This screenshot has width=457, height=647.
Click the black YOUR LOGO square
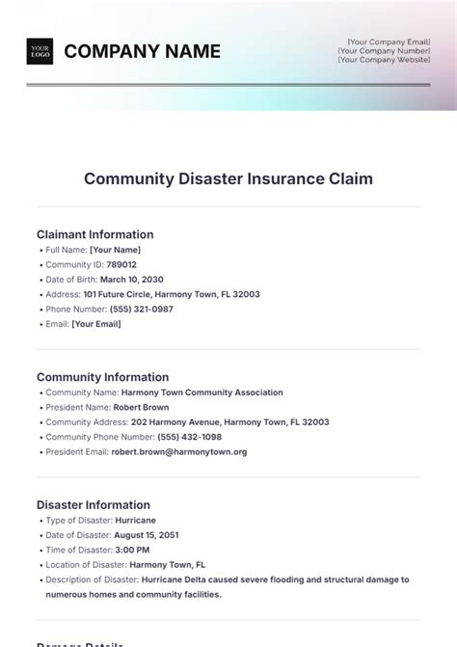point(40,51)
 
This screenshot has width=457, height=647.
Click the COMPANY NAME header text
point(142,52)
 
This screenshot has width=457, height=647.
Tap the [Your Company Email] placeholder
point(389,41)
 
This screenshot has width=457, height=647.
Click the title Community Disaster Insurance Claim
point(228,178)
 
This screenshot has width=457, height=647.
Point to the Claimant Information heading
point(94,234)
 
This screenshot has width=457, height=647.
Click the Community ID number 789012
point(121,264)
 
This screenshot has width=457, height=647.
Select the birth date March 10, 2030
point(134,280)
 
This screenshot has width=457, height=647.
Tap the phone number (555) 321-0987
point(142,309)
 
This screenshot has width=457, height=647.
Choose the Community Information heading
point(102,377)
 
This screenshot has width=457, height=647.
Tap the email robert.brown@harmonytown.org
point(178,451)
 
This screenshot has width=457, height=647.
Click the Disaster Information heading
point(93,504)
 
